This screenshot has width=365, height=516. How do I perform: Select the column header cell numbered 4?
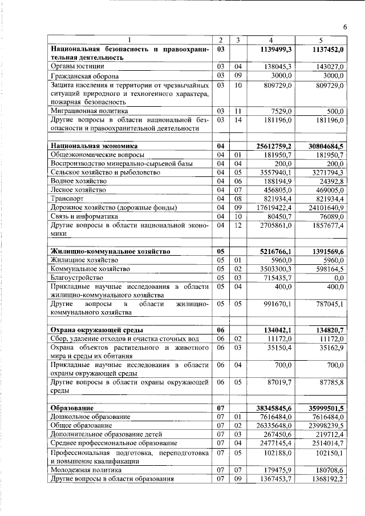coord(270,39)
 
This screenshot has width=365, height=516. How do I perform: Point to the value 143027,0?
coord(327,67)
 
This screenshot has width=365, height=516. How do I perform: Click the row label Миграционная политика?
coord(88,111)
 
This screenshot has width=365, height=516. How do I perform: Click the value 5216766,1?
coord(276,251)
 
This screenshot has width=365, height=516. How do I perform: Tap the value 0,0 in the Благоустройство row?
coord(339,277)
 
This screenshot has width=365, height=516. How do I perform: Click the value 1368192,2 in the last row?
coord(326,479)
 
